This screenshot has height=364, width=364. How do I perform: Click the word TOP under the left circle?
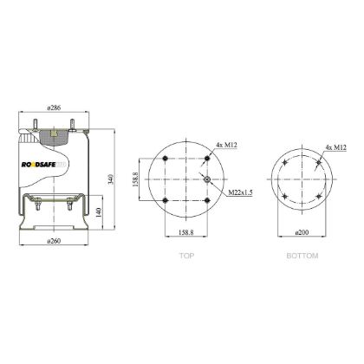(185, 257)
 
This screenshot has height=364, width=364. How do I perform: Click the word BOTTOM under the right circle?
(303, 257)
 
